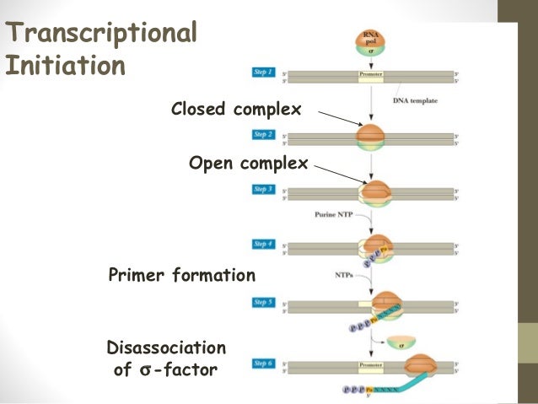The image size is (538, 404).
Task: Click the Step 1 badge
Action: [x=264, y=73]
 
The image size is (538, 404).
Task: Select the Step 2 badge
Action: [x=264, y=135]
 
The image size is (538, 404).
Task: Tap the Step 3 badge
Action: [x=264, y=190]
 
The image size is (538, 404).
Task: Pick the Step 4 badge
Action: [x=264, y=245]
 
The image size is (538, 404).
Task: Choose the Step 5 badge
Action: [x=264, y=301]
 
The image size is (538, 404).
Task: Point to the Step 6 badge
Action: [x=264, y=363]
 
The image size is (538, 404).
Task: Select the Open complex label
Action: [x=248, y=163]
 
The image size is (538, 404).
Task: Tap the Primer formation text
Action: [x=182, y=275]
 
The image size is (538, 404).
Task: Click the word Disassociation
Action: [x=167, y=347]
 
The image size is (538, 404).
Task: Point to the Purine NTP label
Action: [x=333, y=216]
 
